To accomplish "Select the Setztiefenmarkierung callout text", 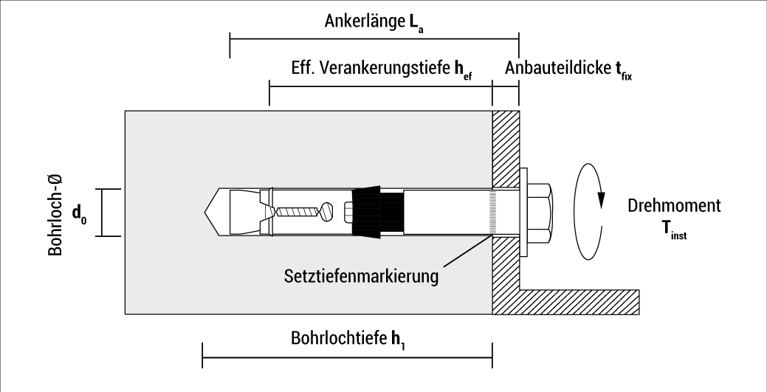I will point(361,277).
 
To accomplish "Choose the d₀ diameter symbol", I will point(80,214).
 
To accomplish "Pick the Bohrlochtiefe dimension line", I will point(347,360).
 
